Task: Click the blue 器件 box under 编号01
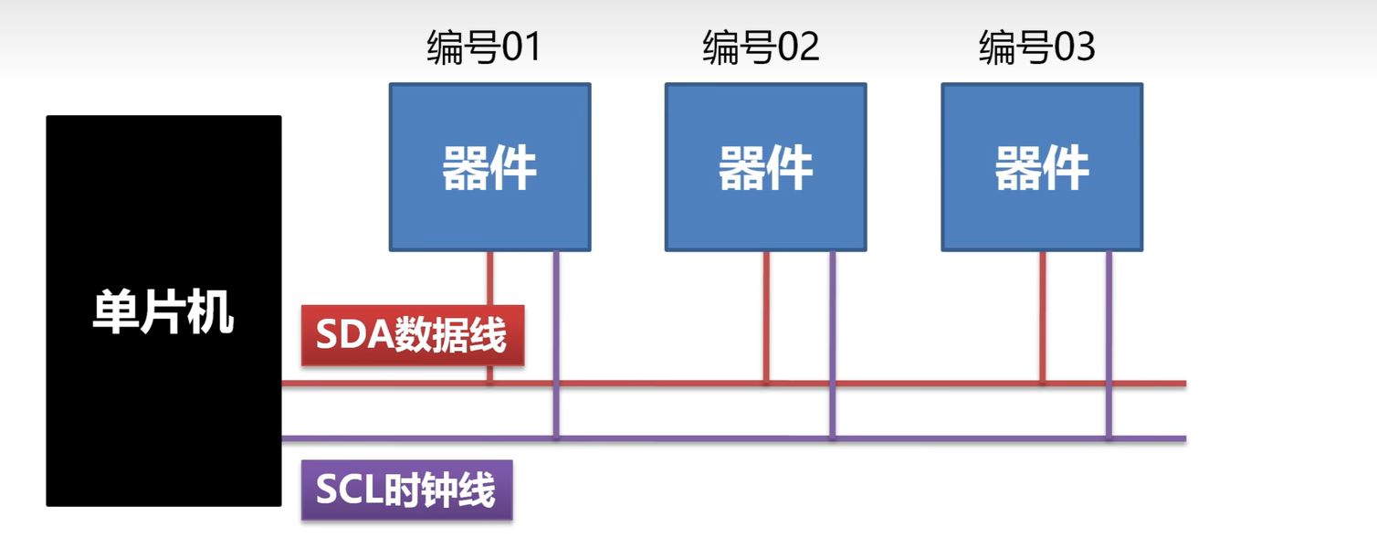click(x=490, y=167)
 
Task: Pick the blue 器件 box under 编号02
click(x=766, y=167)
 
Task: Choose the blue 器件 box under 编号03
click(x=1042, y=167)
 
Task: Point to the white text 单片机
click(x=163, y=311)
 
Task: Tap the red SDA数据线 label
click(x=413, y=335)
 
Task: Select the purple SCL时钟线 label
click(x=406, y=490)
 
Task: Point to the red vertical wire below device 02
click(x=766, y=315)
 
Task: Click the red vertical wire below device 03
click(x=1042, y=315)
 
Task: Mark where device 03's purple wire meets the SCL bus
click(x=1109, y=438)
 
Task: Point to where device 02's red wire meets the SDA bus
click(x=766, y=383)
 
